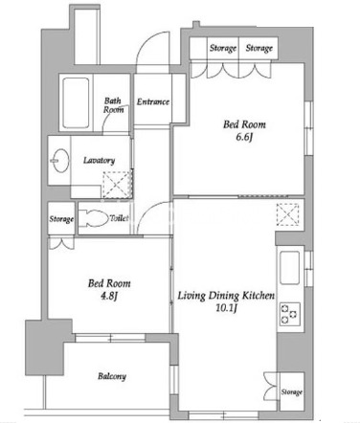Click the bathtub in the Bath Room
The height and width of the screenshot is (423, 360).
click(76, 102)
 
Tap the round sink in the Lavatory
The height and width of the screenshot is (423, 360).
click(60, 161)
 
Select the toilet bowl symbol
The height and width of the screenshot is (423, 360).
click(93, 218)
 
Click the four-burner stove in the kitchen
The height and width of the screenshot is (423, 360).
click(290, 314)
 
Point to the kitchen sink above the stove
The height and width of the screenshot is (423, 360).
click(289, 268)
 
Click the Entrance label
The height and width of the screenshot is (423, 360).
click(153, 101)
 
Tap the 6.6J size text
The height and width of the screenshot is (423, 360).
click(244, 138)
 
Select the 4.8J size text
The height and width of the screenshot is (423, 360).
click(109, 297)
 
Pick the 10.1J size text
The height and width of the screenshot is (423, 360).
click(226, 308)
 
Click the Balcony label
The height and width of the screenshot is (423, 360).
click(112, 376)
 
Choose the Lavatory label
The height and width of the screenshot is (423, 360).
click(99, 160)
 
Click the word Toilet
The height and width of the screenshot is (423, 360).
click(119, 218)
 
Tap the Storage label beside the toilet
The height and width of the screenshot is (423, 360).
click(61, 219)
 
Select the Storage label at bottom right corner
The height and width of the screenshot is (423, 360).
click(292, 391)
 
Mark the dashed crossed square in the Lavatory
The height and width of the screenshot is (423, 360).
click(117, 185)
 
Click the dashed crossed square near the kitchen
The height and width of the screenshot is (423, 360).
click(287, 214)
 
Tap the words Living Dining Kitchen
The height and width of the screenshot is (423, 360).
click(226, 296)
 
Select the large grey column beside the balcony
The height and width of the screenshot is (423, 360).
click(48, 347)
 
